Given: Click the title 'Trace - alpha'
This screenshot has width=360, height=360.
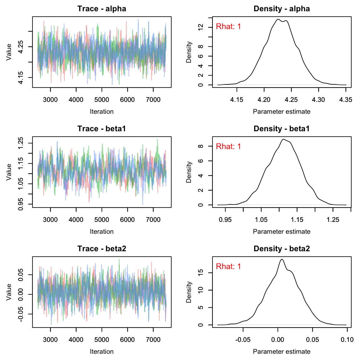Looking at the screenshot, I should [102, 9].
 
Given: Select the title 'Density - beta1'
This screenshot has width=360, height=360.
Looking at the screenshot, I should [282, 129].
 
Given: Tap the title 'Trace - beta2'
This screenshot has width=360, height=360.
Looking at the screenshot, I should [102, 249].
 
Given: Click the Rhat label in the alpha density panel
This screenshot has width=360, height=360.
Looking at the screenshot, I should [228, 27].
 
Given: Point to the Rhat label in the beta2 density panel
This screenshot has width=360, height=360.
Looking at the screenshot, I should [228, 267].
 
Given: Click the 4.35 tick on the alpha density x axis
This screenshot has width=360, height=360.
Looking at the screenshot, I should [346, 100].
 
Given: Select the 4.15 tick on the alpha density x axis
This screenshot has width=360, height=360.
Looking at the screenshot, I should [237, 100].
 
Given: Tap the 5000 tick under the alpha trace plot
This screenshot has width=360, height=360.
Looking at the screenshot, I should [102, 100].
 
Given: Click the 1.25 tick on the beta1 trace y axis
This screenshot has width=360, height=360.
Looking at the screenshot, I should [21, 143].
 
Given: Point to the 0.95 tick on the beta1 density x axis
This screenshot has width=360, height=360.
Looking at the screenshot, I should [225, 220].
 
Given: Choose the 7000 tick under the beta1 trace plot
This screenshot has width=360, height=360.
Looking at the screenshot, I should [153, 220].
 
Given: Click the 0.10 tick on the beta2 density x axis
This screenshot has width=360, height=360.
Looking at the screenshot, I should [347, 340].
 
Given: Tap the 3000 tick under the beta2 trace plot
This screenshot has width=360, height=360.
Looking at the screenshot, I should [50, 340].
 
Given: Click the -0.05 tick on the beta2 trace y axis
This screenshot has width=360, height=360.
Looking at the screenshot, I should [21, 314].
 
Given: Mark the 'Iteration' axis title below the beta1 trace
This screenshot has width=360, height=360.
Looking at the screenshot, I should [102, 232].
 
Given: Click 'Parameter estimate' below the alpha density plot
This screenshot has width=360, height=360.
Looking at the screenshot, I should [282, 112].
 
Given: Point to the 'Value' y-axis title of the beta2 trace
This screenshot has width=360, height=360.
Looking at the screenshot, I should [9, 292].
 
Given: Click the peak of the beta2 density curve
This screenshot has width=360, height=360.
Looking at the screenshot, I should [282, 259].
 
